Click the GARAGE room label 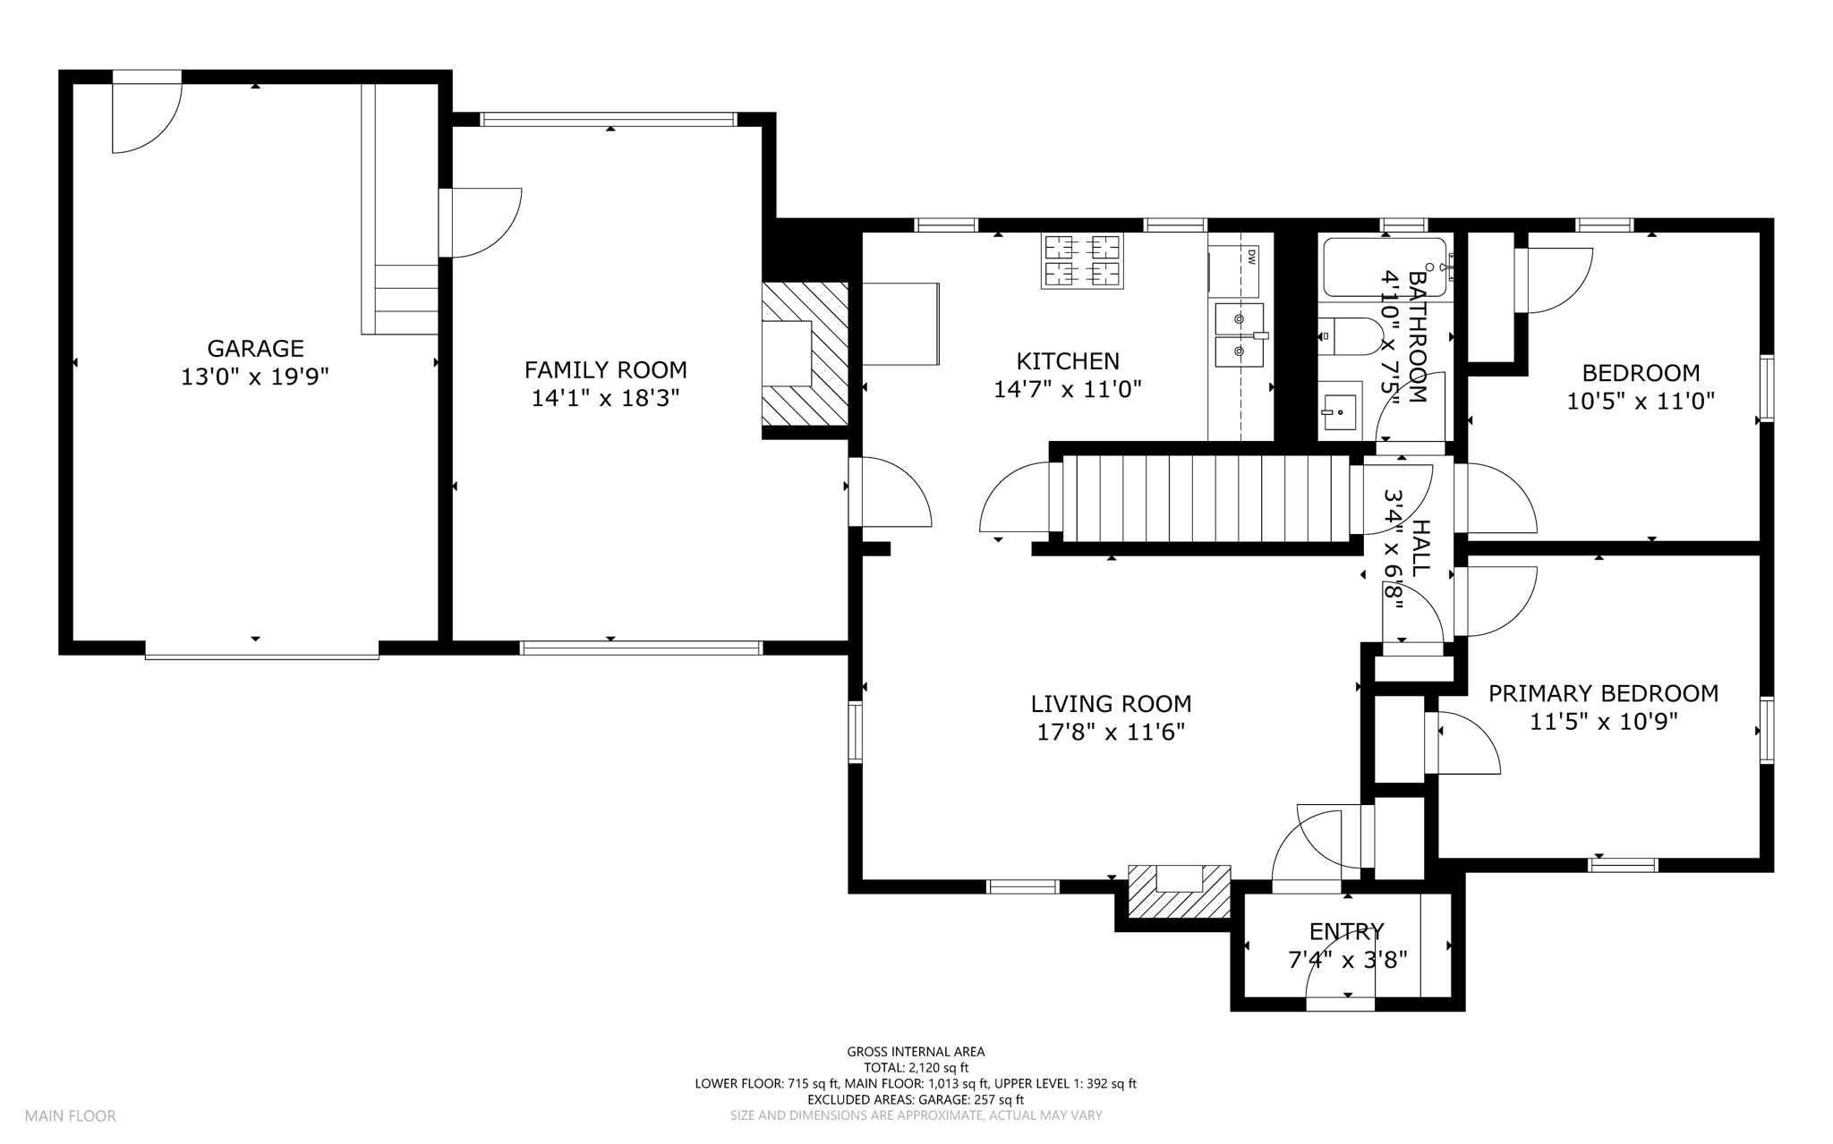pyautogui.click(x=255, y=348)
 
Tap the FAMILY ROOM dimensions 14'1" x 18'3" pyautogui.click(x=606, y=398)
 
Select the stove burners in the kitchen pyautogui.click(x=1081, y=261)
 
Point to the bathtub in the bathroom pyautogui.click(x=1385, y=267)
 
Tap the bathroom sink pyautogui.click(x=1340, y=411)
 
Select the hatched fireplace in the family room pyautogui.click(x=805, y=354)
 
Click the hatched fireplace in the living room pyautogui.click(x=1179, y=891)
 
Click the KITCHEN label pyautogui.click(x=1068, y=360)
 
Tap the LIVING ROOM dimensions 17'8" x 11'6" pyautogui.click(x=1111, y=733)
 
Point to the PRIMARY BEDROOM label pyautogui.click(x=1603, y=693)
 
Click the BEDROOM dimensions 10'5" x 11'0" pyautogui.click(x=1641, y=401)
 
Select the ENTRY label pyautogui.click(x=1347, y=932)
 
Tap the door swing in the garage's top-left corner pyautogui.click(x=147, y=118)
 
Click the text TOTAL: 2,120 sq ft pyautogui.click(x=916, y=1068)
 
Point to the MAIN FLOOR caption pyautogui.click(x=70, y=1116)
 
